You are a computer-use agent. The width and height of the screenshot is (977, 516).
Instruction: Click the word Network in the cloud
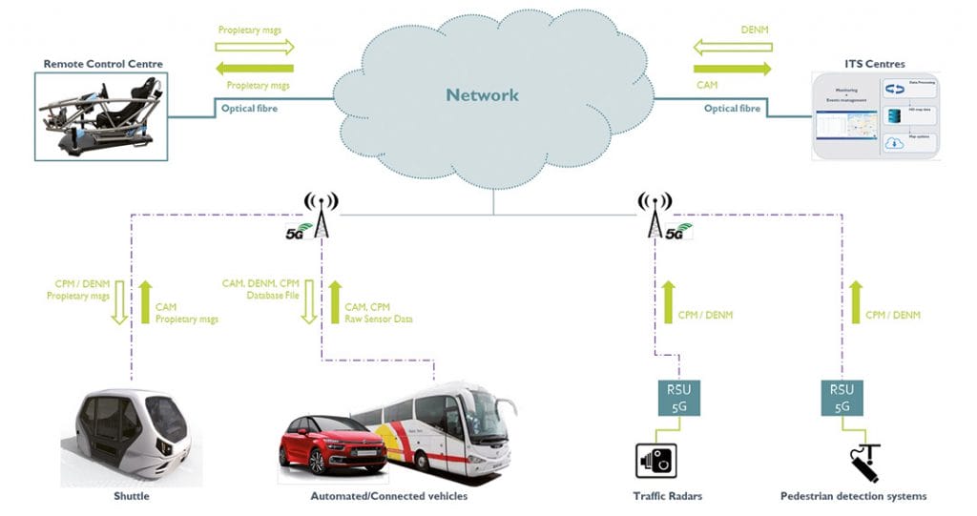483,94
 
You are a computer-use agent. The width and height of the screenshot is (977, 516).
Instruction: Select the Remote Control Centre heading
103,64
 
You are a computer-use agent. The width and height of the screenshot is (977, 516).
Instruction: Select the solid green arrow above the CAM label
732,69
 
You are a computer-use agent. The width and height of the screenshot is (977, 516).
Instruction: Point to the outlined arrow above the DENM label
732,45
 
